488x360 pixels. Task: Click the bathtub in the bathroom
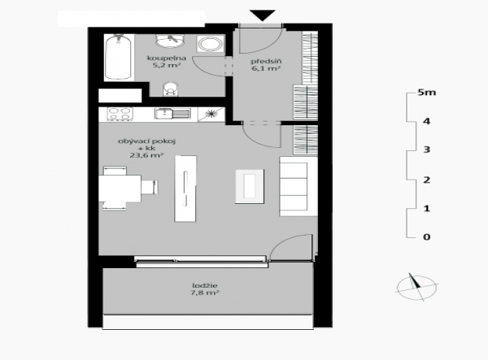click(x=118, y=57)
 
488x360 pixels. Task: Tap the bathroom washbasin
click(x=170, y=41)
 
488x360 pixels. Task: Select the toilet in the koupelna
click(x=170, y=89)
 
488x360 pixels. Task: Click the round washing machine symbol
click(x=210, y=44)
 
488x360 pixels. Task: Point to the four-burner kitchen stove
click(x=120, y=114)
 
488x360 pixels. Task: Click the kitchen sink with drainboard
click(x=172, y=114)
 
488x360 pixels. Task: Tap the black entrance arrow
click(x=263, y=15)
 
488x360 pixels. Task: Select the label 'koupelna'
click(x=167, y=59)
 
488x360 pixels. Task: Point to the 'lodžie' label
click(x=205, y=285)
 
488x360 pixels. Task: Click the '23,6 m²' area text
click(x=146, y=155)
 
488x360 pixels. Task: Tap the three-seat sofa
click(x=298, y=186)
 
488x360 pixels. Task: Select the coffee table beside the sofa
click(x=250, y=187)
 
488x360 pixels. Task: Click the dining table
click(x=120, y=189)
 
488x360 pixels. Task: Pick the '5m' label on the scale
click(x=427, y=93)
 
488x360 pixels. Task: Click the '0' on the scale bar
click(x=427, y=237)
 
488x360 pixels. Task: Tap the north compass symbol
click(x=416, y=287)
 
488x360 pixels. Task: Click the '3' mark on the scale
click(x=427, y=150)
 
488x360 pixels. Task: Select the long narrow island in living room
click(x=185, y=189)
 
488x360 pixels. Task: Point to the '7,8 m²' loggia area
click(x=205, y=293)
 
